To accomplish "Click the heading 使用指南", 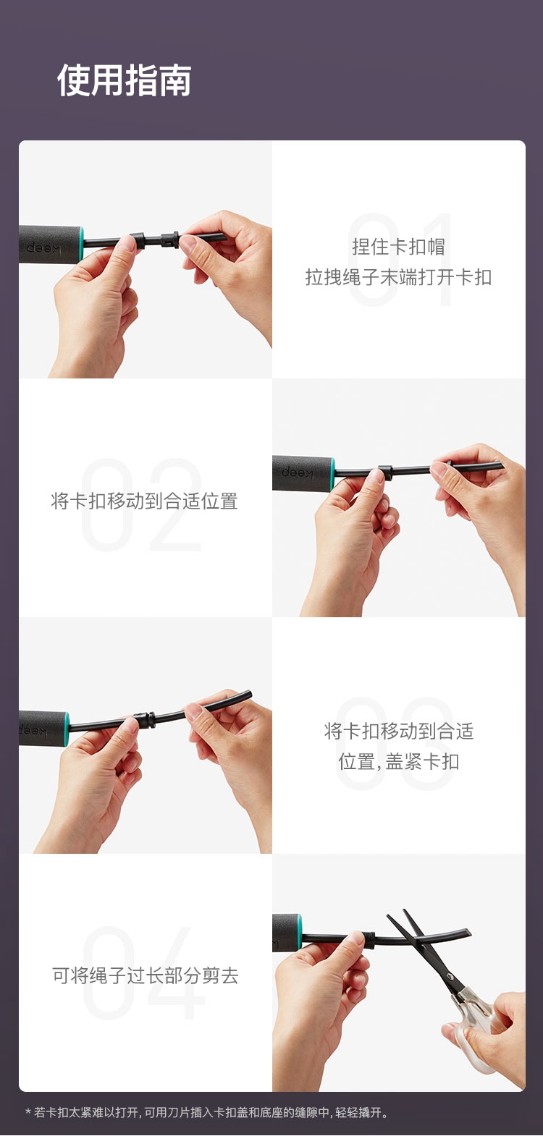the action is pyautogui.click(x=124, y=80).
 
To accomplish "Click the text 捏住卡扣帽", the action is pyautogui.click(x=398, y=247).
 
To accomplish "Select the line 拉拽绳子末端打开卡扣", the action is pyautogui.click(x=398, y=277).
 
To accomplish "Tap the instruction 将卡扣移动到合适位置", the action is pyautogui.click(x=145, y=501).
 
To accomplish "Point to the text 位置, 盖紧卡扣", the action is pyautogui.click(x=398, y=762).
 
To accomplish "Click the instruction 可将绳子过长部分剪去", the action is pyautogui.click(x=145, y=975).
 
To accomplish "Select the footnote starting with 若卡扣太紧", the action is pyautogui.click(x=207, y=1112).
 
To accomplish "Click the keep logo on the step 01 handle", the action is pyautogui.click(x=43, y=248).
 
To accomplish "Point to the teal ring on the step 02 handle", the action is pyautogui.click(x=332, y=473).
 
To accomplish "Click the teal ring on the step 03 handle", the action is pyautogui.click(x=67, y=729).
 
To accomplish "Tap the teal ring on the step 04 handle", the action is pyautogui.click(x=300, y=932).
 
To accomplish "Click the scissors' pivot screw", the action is pyautogui.click(x=449, y=977).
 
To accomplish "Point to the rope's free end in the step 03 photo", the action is pyautogui.click(x=248, y=694).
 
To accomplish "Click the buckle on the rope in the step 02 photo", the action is pyautogui.click(x=386, y=472).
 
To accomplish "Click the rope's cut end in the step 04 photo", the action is pyautogui.click(x=468, y=932).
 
